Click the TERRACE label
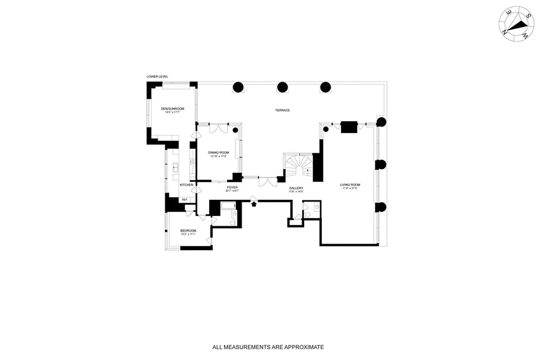coord(283,110)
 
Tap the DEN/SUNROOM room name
coord(173,109)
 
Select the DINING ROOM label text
coord(219,153)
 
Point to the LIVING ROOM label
coord(350,185)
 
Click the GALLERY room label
coord(296,188)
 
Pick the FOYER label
coord(232,187)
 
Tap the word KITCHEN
coord(187,185)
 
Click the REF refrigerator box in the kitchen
coord(184,199)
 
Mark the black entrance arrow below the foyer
coord(254,204)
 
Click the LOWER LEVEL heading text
coord(157,77)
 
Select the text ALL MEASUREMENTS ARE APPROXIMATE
coord(268,347)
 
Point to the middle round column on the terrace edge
coord(282,87)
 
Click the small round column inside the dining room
coord(235,130)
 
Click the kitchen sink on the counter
coord(175,168)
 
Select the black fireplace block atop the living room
coord(348,127)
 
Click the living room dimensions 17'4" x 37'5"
coord(350,189)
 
